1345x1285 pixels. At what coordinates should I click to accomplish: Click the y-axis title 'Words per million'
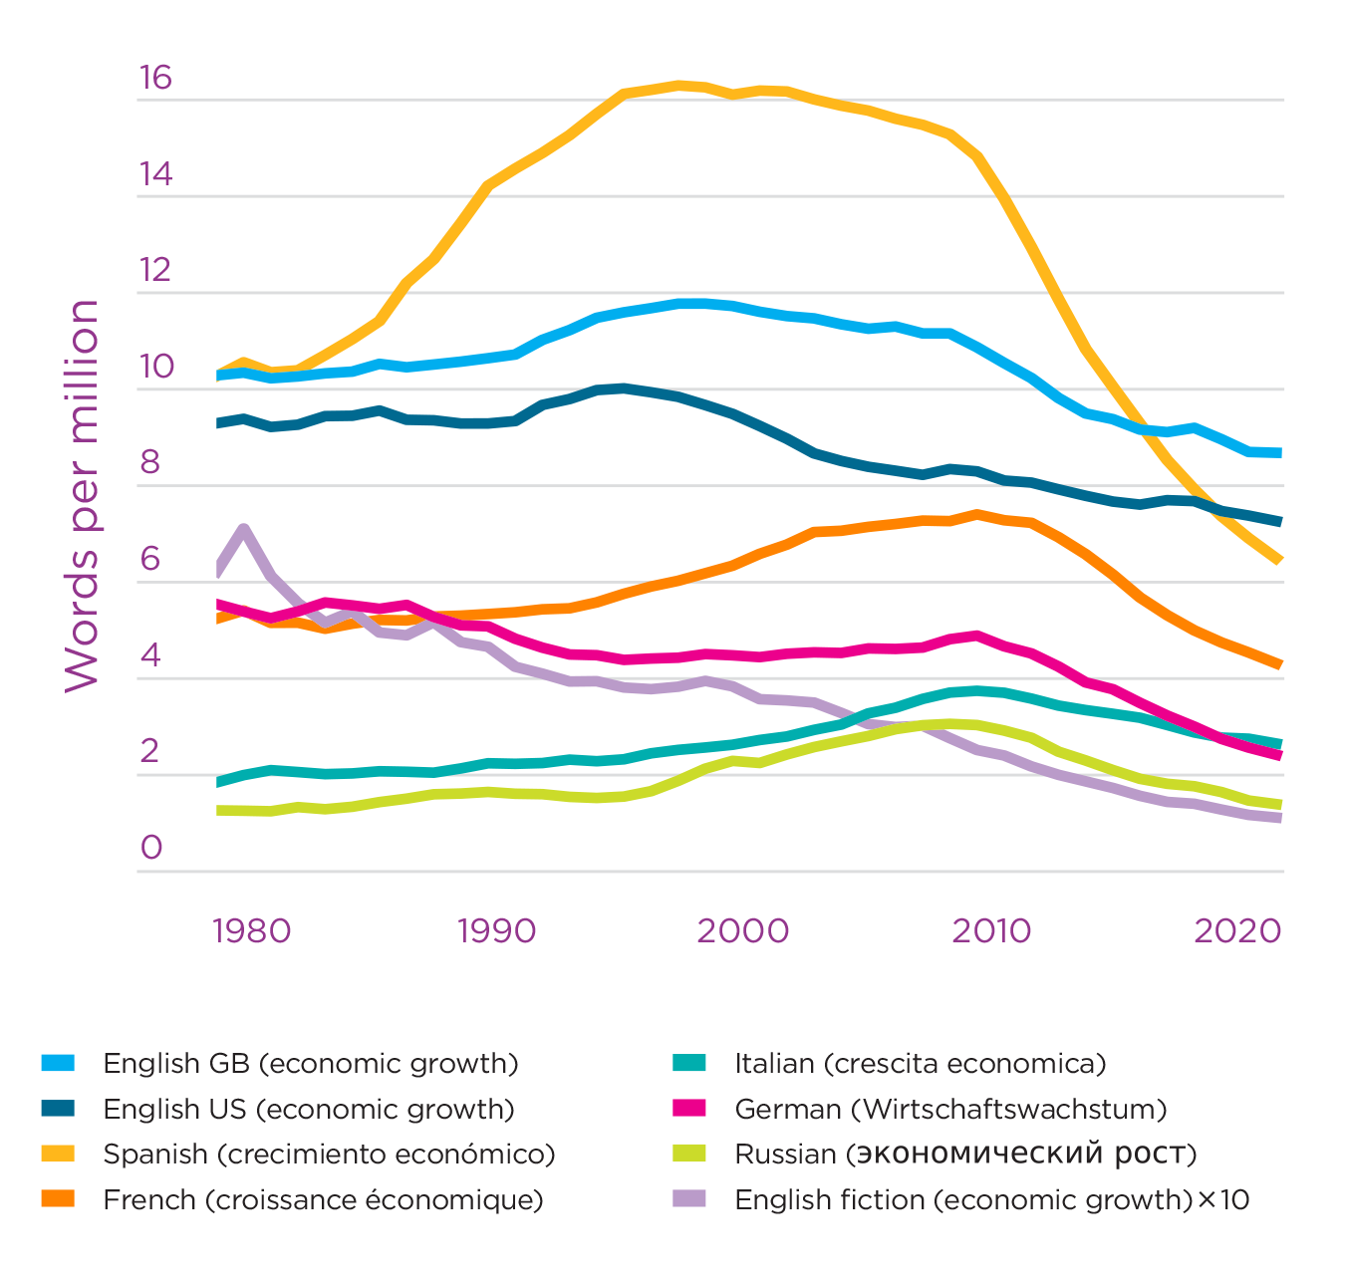click(82, 495)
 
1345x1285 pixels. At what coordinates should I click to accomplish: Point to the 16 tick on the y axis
click(155, 78)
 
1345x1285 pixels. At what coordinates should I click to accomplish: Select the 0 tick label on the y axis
click(151, 848)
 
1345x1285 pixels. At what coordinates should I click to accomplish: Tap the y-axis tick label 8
click(151, 462)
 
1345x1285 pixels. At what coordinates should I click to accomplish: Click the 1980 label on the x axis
click(251, 931)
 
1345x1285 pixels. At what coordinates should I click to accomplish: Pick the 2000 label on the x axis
click(742, 931)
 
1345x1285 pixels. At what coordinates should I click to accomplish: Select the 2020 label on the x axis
click(1236, 931)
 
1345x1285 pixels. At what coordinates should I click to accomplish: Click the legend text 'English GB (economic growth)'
click(311, 1064)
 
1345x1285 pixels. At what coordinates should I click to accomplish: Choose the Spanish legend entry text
click(329, 1155)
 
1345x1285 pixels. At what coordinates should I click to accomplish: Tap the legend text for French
click(323, 1200)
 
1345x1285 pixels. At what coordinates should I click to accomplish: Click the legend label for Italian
click(920, 1064)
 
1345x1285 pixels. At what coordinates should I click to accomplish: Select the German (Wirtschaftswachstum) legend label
click(950, 1110)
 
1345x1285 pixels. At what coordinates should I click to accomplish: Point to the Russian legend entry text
click(964, 1155)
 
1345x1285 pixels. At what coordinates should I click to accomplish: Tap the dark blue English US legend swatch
click(58, 1109)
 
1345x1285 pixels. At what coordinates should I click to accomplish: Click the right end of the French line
click(1278, 663)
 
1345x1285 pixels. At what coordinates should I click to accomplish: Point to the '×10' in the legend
click(1222, 1200)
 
